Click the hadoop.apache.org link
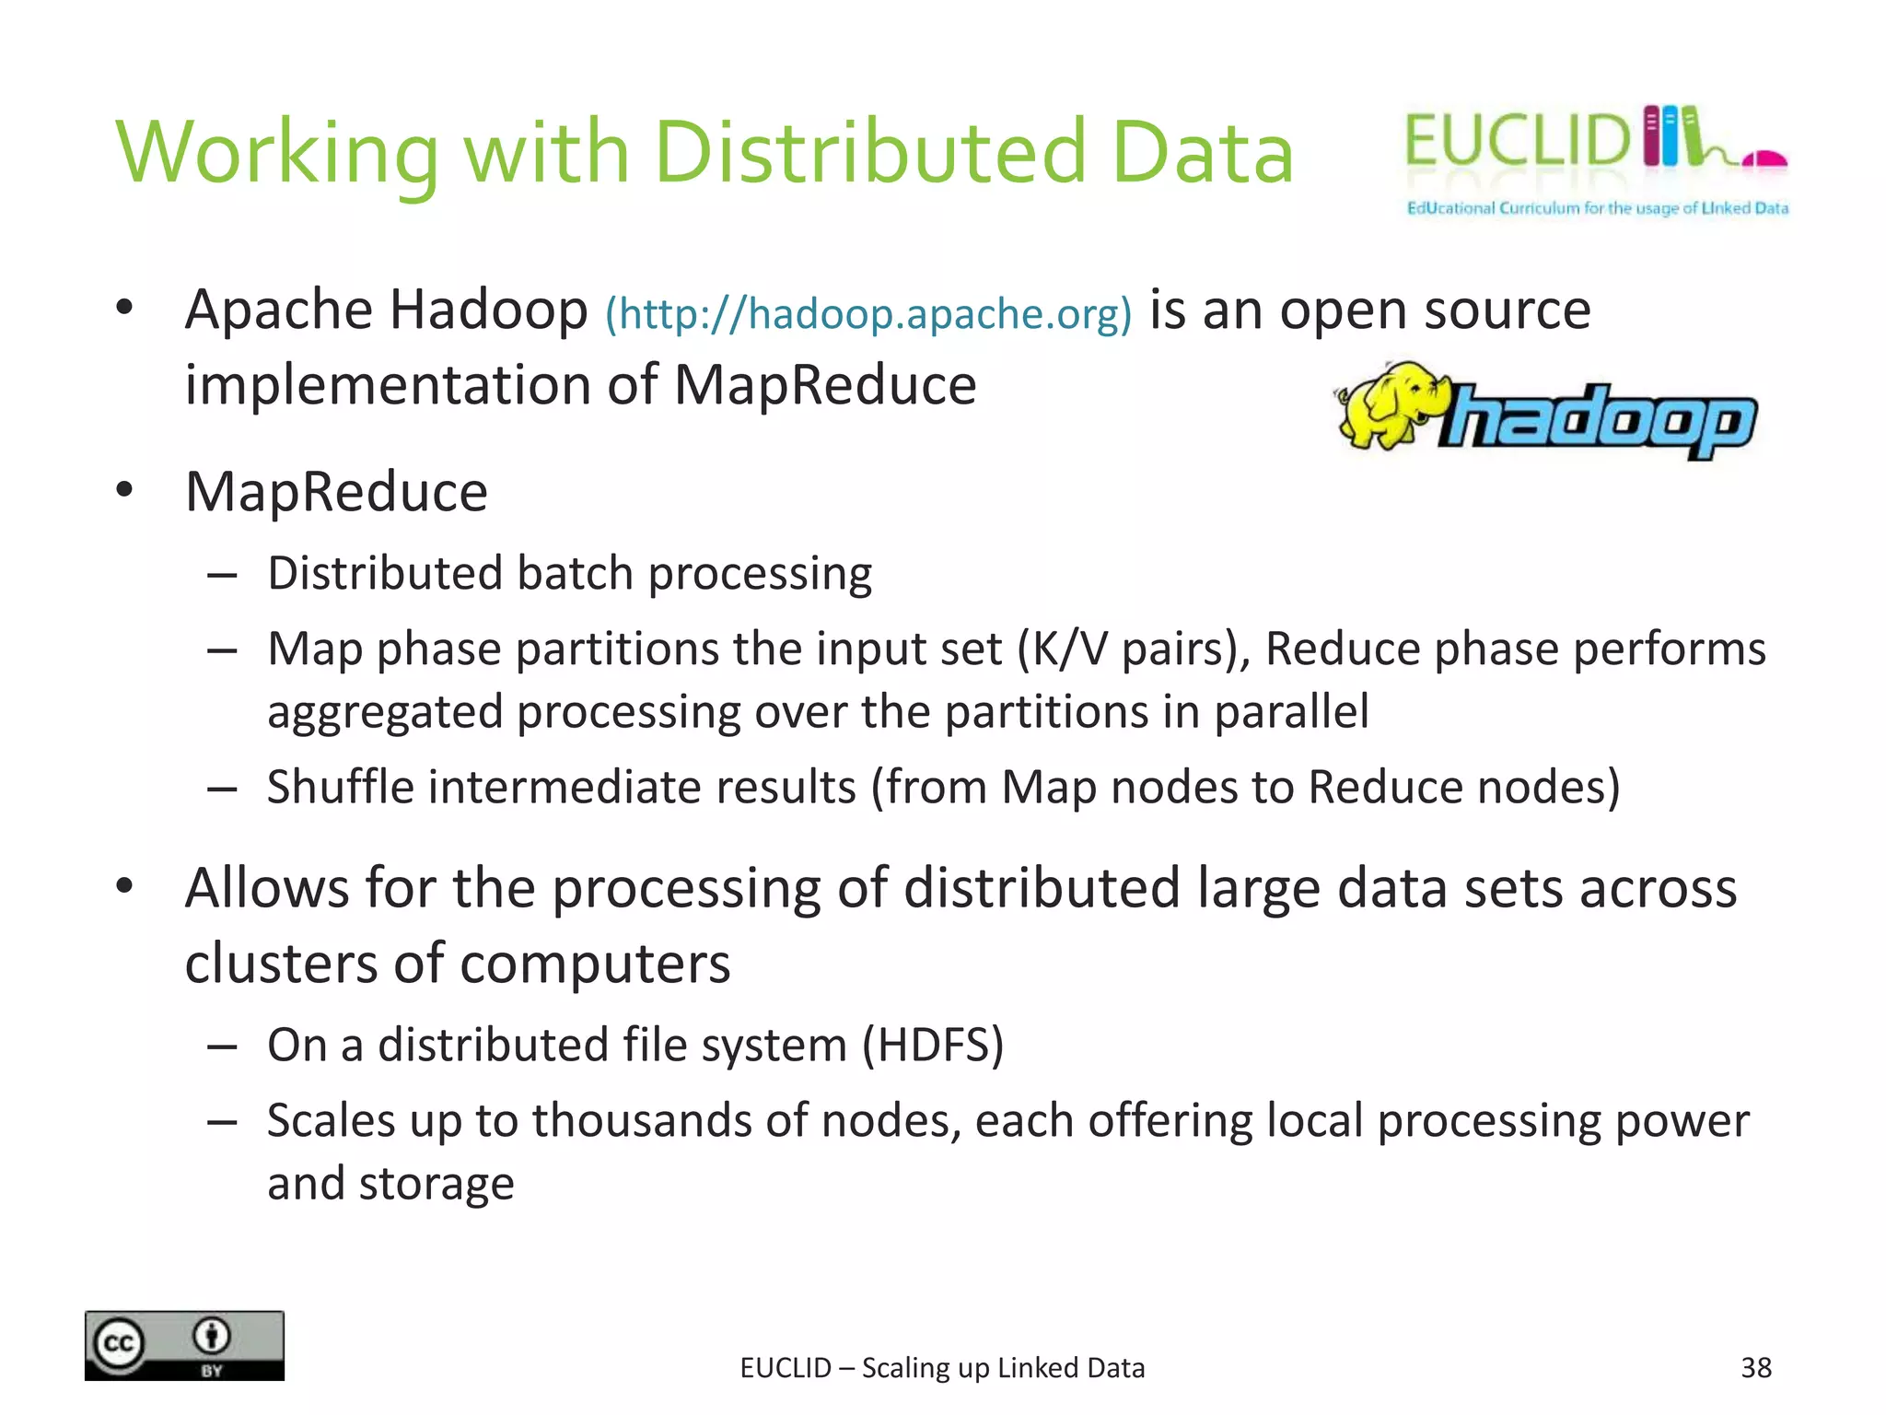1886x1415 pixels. (867, 314)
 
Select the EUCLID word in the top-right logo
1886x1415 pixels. (1517, 141)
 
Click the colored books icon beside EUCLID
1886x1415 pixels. (1670, 136)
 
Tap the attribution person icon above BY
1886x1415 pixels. (212, 1335)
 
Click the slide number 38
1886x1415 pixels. (1756, 1368)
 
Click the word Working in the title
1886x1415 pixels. (277, 154)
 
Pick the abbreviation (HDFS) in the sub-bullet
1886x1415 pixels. (932, 1046)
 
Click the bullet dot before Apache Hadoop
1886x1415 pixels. (125, 307)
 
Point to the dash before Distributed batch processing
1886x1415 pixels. (223, 577)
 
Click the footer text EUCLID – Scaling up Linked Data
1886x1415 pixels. (942, 1368)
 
